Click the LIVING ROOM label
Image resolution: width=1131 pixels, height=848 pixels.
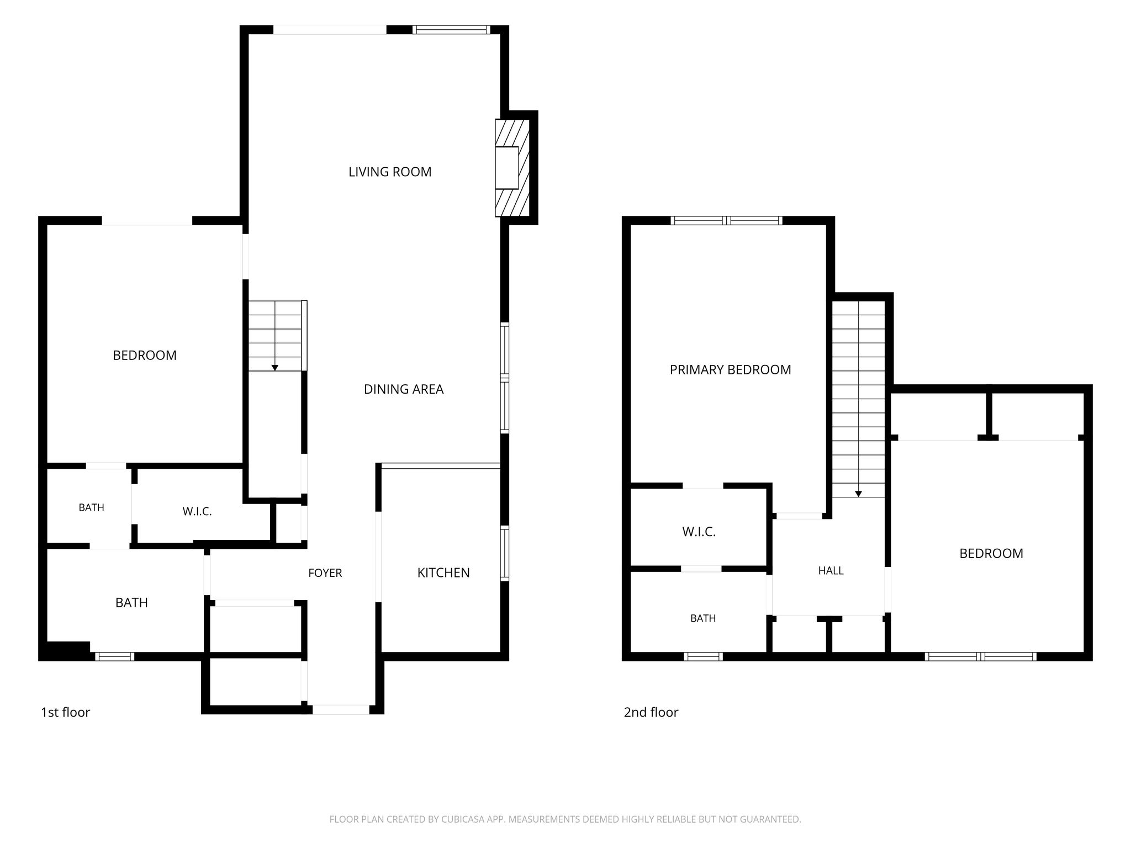(390, 172)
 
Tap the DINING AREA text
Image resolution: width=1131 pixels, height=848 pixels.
(404, 389)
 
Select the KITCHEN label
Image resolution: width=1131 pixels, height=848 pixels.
(443, 573)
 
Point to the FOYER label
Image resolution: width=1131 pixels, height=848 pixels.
(325, 573)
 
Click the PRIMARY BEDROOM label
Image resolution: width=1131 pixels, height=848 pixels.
(730, 369)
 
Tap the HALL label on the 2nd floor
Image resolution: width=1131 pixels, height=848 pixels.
(831, 571)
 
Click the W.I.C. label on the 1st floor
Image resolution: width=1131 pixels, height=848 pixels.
(197, 511)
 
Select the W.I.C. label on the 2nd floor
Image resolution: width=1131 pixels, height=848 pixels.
(699, 532)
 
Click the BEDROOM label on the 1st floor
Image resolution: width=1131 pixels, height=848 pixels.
(145, 355)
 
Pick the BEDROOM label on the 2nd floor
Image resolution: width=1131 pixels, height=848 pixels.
(991, 553)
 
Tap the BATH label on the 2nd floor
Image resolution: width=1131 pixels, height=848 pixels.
(703, 618)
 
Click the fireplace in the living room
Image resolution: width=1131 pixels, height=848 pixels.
(512, 168)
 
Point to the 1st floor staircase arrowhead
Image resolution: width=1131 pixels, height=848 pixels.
(274, 367)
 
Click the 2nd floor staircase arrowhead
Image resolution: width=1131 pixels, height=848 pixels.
(858, 494)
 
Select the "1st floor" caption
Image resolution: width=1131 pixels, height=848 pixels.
(65, 712)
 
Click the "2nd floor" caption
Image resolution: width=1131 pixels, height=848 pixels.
(651, 712)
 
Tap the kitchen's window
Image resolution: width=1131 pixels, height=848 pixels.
(505, 553)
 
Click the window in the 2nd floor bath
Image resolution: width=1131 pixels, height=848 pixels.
(703, 656)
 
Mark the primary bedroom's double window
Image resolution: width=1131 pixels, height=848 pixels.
(727, 220)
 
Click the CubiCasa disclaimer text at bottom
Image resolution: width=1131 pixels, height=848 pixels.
(565, 819)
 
